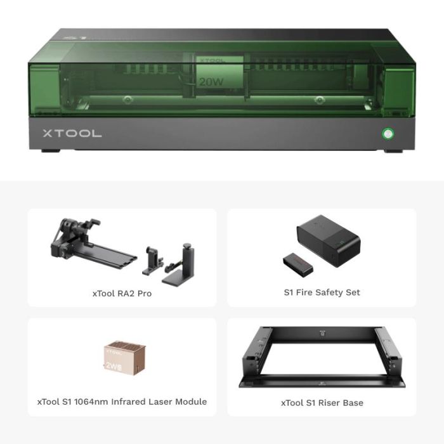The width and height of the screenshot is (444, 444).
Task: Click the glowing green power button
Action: tap(386, 134)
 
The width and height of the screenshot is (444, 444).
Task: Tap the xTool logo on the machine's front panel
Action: tap(72, 134)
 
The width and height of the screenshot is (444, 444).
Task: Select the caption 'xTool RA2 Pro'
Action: tap(122, 293)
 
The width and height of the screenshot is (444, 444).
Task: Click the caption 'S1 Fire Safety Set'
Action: tap(322, 292)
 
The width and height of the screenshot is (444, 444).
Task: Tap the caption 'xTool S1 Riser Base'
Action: tap(322, 402)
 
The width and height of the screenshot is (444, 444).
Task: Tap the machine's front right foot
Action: tap(395, 151)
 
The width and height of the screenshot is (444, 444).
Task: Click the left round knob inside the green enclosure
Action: tap(127, 100)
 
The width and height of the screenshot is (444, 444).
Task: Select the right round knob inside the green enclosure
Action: tap(315, 100)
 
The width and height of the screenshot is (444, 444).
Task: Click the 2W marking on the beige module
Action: tap(112, 365)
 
